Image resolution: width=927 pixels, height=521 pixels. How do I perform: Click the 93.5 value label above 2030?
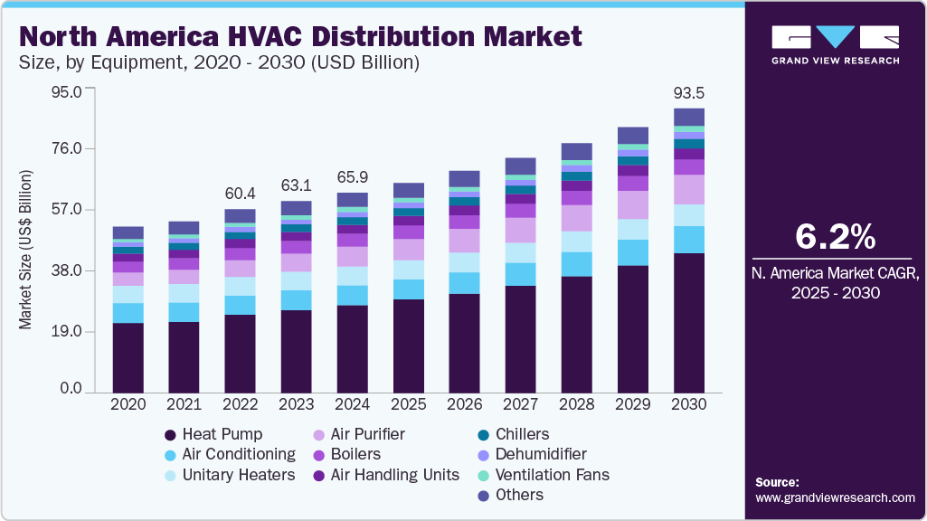point(689,92)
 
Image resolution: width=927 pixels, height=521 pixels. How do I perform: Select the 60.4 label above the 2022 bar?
point(240,194)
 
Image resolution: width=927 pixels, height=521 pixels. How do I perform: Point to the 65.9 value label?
point(352,176)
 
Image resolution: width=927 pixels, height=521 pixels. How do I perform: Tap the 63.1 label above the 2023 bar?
point(296,185)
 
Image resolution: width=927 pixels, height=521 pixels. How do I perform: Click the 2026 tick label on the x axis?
point(464,404)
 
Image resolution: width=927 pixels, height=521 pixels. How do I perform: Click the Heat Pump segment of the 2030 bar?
point(689,322)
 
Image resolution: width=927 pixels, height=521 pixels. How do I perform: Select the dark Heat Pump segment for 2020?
point(128,357)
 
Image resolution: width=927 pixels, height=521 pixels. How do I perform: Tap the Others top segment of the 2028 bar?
point(577,151)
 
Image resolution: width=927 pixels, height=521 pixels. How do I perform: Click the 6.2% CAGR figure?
point(835,236)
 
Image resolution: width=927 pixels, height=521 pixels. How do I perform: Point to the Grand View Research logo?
point(835,44)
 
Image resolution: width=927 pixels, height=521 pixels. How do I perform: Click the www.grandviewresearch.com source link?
point(835,497)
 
